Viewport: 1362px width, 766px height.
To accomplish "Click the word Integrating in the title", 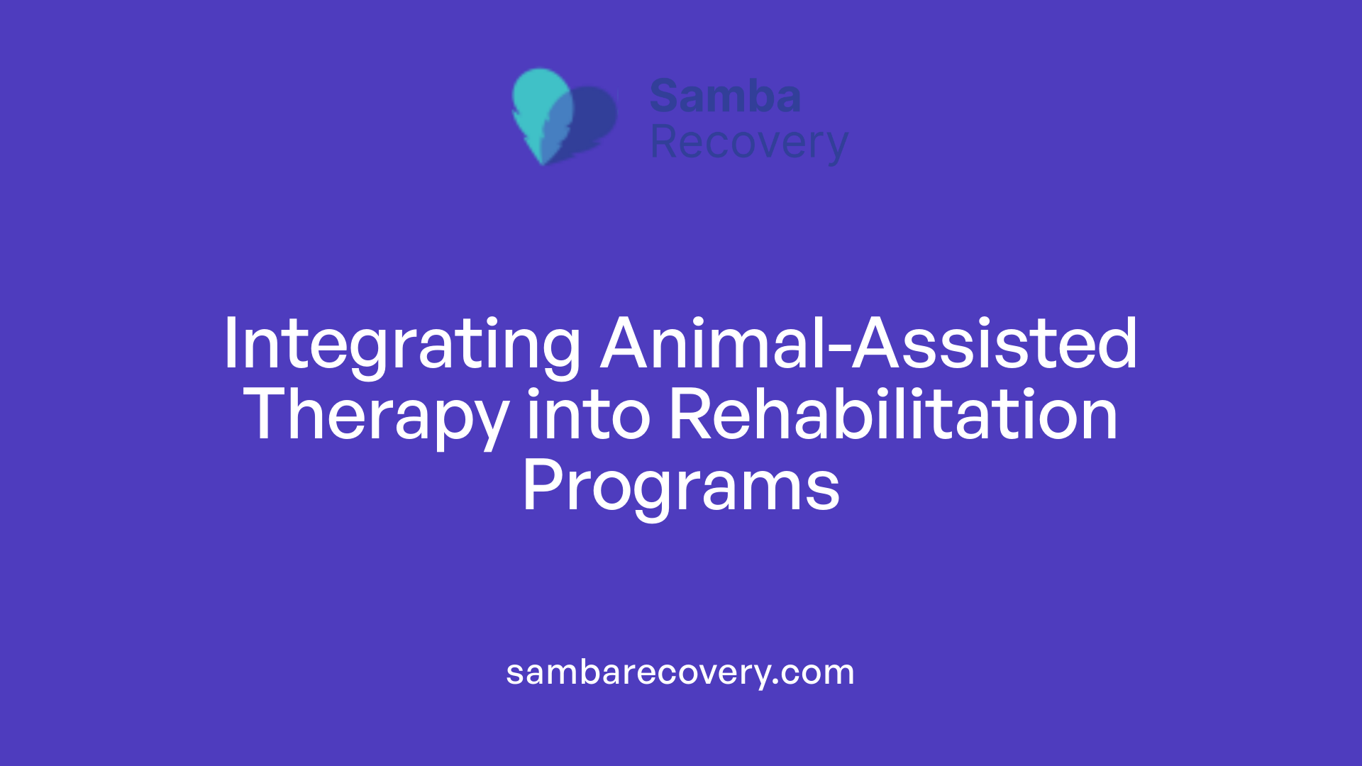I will coord(402,345).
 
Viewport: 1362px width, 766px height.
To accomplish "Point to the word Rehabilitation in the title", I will coord(893,416).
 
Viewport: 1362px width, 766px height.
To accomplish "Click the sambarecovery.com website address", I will coord(680,672).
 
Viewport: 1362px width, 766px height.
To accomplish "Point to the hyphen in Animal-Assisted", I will coord(838,348).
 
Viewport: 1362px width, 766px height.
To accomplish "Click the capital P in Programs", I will coord(538,485).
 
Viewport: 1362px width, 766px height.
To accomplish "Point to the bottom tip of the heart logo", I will coord(543,162).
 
